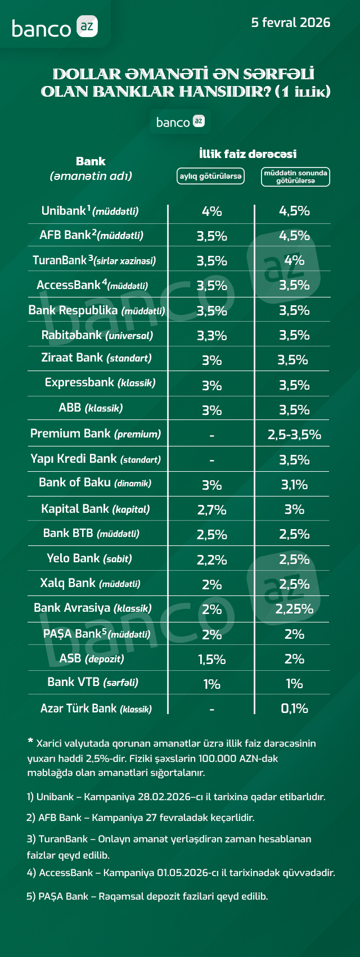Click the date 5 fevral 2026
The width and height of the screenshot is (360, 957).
[x=290, y=22]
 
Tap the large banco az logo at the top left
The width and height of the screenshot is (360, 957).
[x=55, y=28]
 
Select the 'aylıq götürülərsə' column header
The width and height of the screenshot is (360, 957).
[x=211, y=176]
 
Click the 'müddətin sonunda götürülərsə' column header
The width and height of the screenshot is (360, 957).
[x=295, y=177]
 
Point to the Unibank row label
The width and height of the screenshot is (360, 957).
[x=90, y=211]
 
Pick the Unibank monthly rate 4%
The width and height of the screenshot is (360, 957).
[x=211, y=211]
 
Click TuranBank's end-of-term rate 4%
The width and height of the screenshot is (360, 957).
[x=294, y=260]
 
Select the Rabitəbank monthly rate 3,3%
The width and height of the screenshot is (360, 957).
[x=211, y=336]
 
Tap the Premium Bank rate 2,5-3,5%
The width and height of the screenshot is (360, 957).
[x=294, y=435]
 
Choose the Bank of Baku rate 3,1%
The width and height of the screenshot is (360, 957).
[x=294, y=485]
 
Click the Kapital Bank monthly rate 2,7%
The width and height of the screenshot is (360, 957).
[x=211, y=510]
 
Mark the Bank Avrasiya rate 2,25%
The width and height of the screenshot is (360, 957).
[x=294, y=609]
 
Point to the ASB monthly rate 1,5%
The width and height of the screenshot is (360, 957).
[x=211, y=660]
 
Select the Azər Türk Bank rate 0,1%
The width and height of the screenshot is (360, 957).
[x=294, y=708]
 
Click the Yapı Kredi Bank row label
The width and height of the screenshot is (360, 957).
[x=96, y=459]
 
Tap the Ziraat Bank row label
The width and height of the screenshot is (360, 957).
[x=96, y=358]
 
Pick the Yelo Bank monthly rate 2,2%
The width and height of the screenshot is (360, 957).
[x=211, y=560]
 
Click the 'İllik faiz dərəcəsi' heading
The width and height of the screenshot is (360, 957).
[x=247, y=154]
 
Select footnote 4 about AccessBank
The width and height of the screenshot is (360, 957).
[x=181, y=873]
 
